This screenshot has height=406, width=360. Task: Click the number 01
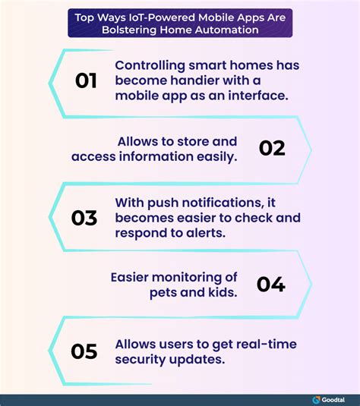tap(86, 80)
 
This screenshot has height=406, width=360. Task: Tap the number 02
tap(272, 149)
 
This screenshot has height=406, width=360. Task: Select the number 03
tap(84, 218)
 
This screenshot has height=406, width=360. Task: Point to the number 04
tap(271, 285)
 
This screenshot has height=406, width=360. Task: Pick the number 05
tap(84, 351)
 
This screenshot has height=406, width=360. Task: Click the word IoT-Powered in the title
tap(162, 17)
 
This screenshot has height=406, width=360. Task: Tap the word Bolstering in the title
tap(129, 30)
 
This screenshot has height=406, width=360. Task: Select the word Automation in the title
tap(227, 30)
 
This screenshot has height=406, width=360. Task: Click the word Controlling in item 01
tap(150, 65)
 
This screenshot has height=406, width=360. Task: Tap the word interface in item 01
tap(258, 96)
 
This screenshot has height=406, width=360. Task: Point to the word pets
tap(163, 293)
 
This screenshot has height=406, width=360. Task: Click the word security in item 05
tap(141, 360)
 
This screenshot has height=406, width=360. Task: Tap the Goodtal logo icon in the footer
tap(316, 400)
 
